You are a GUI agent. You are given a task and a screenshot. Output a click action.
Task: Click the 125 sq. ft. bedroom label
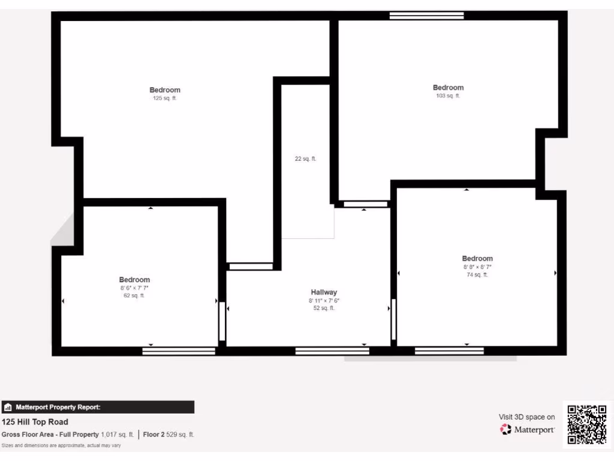tap(165, 90)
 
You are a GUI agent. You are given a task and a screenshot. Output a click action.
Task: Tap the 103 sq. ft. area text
tap(448, 96)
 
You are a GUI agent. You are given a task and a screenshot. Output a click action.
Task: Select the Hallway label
tap(324, 292)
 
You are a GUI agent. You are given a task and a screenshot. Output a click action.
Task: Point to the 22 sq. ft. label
tap(305, 159)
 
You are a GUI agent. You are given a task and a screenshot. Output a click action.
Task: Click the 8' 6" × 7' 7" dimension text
tap(134, 288)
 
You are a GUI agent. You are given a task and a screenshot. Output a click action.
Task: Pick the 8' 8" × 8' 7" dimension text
tap(477, 267)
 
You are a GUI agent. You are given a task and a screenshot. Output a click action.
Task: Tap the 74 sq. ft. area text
tap(477, 275)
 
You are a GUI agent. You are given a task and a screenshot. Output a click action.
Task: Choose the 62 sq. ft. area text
tap(134, 295)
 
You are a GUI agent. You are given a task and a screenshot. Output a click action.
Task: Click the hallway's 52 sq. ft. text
tap(324, 308)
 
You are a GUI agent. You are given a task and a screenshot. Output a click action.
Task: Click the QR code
tap(586, 424)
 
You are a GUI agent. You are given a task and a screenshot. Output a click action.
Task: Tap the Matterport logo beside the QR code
tap(528, 430)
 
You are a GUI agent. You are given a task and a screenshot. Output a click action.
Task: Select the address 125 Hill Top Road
tap(35, 422)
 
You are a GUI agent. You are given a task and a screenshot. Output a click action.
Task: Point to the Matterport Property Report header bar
tap(98, 407)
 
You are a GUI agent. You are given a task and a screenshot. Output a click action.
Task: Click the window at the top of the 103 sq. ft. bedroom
tap(426, 16)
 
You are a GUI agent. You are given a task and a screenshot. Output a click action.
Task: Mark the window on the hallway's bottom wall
tap(332, 351)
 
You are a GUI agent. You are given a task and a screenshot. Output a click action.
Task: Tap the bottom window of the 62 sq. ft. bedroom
tap(179, 351)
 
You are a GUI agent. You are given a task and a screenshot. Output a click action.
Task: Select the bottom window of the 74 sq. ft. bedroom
tap(449, 351)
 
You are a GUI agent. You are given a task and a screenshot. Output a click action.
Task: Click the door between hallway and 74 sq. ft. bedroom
tap(393, 320)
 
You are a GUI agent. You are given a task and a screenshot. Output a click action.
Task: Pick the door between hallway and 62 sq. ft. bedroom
tap(222, 322)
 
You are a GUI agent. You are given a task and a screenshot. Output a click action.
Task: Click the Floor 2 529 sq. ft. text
tap(168, 435)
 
